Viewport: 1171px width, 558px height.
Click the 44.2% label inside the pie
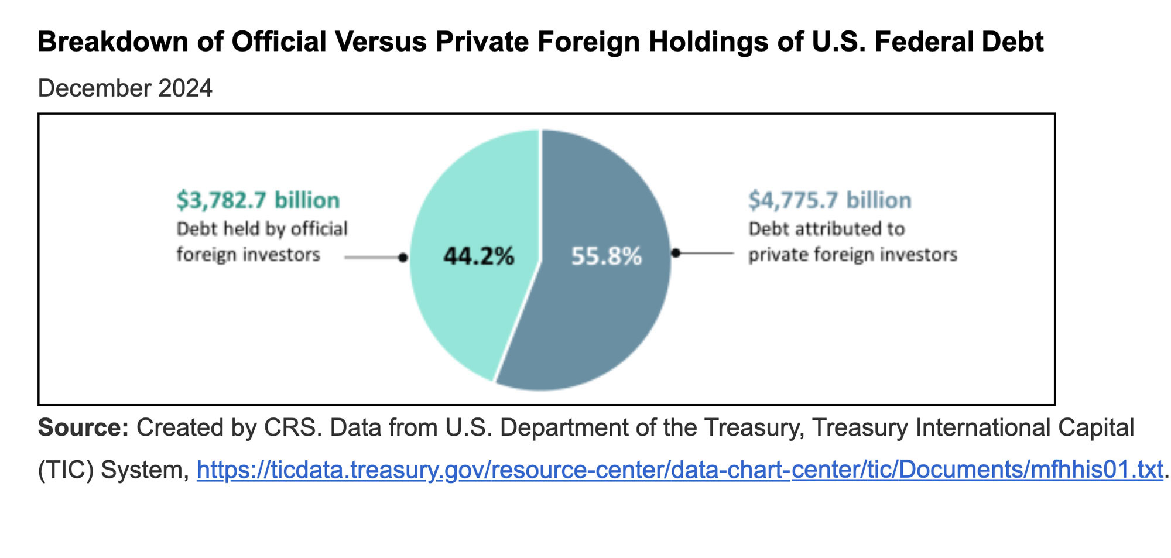478,256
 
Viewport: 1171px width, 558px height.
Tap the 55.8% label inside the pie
606,256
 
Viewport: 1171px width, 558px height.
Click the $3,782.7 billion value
258,200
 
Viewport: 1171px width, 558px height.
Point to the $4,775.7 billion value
830,200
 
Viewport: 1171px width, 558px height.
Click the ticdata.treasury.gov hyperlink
679,470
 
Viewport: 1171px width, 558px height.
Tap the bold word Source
83,428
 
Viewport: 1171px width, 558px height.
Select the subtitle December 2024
125,88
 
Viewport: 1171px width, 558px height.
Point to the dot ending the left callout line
403,258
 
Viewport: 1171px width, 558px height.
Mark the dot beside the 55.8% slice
676,253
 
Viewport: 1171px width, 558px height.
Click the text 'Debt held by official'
262,228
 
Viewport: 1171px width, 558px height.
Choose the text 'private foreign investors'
852,255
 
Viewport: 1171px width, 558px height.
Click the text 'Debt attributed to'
826,228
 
